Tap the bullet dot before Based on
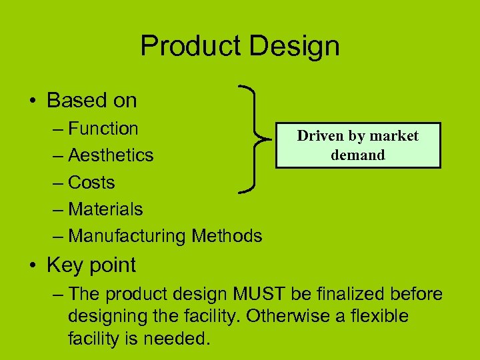click(33, 101)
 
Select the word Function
click(103, 128)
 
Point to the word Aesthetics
click(111, 155)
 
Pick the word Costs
click(91, 182)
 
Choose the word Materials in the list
click(105, 209)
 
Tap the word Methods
click(227, 236)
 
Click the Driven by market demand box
click(357, 145)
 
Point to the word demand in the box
click(358, 155)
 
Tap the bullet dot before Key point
click(33, 265)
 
